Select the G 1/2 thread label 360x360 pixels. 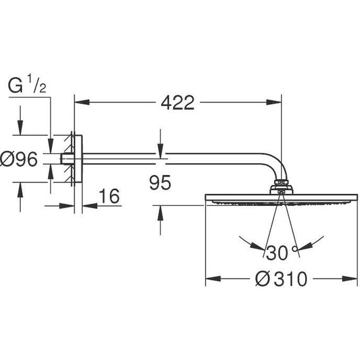coord(25,87)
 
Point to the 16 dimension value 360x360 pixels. coord(110,196)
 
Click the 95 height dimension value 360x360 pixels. coord(161,183)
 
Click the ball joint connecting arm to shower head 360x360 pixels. coord(280,186)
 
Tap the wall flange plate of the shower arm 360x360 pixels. coord(76,159)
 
